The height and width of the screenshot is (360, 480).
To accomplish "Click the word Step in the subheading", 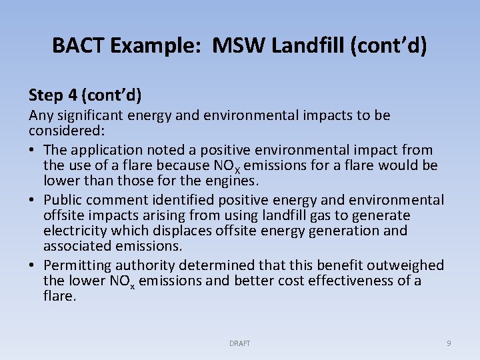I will [47, 95].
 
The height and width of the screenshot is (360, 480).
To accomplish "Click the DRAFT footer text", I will [239, 343].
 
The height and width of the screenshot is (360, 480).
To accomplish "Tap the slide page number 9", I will [448, 343].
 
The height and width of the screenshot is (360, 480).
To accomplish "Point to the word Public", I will [64, 200].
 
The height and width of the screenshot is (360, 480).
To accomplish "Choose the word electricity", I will [73, 231].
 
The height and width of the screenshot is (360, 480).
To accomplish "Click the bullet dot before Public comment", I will [33, 200].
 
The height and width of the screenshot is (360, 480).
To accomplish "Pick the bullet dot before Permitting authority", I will [33, 265].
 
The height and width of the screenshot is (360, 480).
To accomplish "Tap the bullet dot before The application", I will [33, 150].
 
